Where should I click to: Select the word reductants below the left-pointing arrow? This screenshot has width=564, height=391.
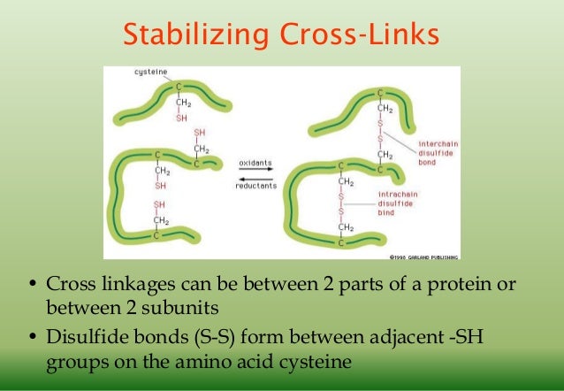(257, 186)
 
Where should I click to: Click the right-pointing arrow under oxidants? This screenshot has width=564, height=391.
(256, 172)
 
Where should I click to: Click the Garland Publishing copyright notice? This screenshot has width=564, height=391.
(423, 257)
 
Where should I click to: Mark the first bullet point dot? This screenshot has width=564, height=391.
(31, 286)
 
